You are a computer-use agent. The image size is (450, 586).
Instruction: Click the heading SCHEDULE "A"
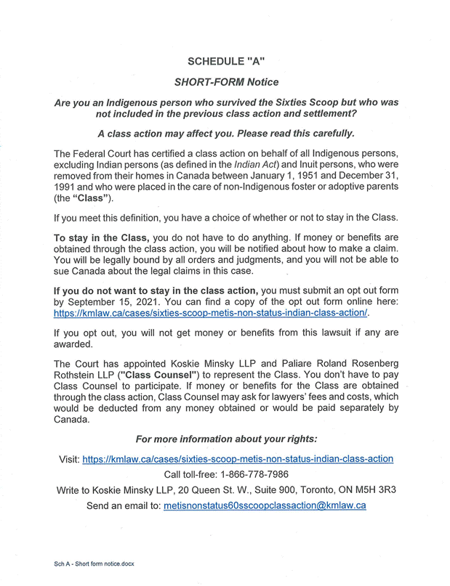226,62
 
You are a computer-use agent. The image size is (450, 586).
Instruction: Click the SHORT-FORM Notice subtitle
226,82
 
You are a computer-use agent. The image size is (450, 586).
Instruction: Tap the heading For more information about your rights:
226,439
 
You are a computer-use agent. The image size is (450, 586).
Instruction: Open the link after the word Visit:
238,459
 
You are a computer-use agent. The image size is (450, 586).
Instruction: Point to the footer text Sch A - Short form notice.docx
94,563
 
